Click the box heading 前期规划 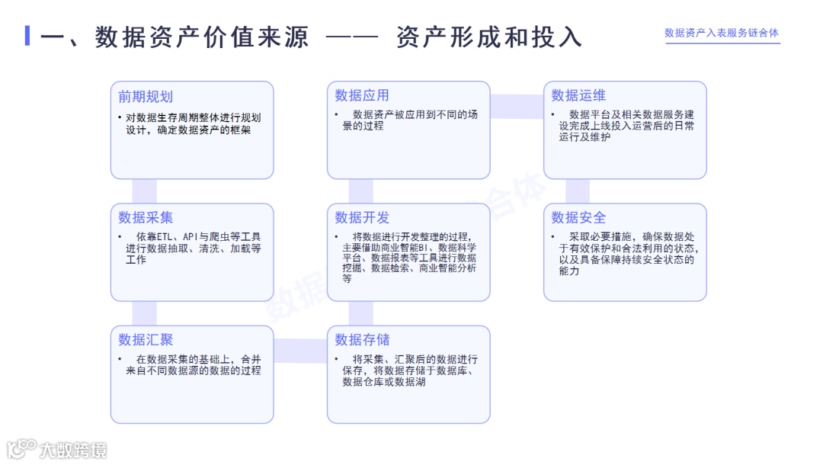[146, 97]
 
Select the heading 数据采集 [146, 218]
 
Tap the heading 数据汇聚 [146, 340]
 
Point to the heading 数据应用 [362, 95]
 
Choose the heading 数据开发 [362, 218]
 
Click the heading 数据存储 [362, 340]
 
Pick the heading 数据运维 [578, 95]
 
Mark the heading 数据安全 [578, 218]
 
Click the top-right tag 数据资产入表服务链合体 [722, 34]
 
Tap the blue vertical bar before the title [27, 36]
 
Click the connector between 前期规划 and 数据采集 [145, 191]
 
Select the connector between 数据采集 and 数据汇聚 [145, 313]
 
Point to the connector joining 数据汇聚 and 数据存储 [300, 351]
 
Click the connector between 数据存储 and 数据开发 [361, 313]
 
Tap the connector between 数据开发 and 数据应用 [361, 191]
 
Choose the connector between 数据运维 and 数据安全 [578, 191]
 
